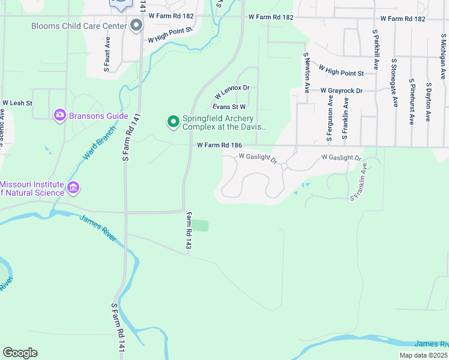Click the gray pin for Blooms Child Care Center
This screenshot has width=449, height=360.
point(136,25)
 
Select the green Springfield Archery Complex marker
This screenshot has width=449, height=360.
point(173,122)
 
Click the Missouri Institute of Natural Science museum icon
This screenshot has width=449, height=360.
point(73,188)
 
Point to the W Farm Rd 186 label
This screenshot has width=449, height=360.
point(220,145)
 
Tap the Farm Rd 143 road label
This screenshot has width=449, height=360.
point(188,231)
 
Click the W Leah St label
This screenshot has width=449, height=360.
point(17,103)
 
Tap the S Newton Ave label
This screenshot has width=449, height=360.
point(306,72)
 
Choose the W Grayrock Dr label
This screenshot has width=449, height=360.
point(342,91)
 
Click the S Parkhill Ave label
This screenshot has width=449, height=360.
point(376,49)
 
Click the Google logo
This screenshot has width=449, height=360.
point(20,353)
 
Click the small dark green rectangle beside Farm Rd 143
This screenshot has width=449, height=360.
point(200,226)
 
